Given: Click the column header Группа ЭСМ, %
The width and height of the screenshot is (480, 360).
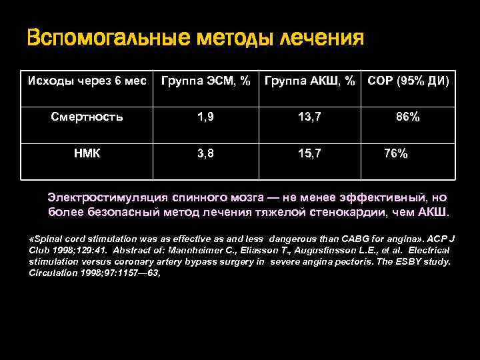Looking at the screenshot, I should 206,82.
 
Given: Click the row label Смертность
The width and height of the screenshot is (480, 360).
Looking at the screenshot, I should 87,117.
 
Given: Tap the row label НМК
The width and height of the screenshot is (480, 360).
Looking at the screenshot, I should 87,153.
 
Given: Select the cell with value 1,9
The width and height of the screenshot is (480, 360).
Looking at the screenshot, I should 205,117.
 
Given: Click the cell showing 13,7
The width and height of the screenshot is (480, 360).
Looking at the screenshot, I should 309,117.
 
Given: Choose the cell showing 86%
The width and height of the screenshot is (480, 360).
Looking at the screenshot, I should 407,117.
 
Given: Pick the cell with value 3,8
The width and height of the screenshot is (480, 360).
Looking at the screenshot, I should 205,153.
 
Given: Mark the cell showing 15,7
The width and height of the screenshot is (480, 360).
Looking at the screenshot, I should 309,153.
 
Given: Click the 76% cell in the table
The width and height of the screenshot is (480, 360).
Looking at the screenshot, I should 396,153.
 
